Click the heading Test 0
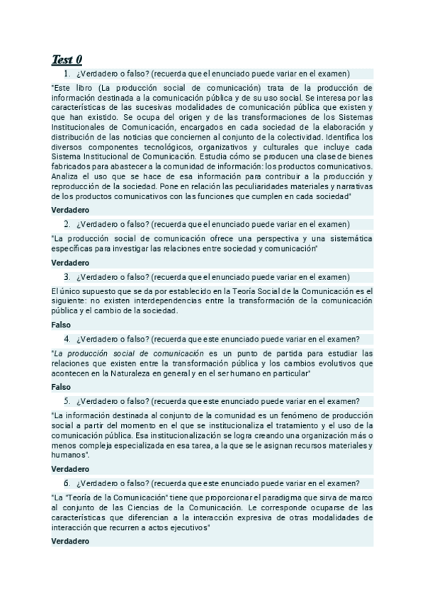(67, 59)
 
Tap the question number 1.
(66, 73)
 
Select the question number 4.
(66, 339)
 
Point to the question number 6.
(66, 483)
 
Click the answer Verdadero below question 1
(71, 210)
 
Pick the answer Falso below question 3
(62, 325)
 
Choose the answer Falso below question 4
(62, 387)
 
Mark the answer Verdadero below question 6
(71, 541)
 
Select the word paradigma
(279, 498)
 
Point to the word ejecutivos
(188, 528)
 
